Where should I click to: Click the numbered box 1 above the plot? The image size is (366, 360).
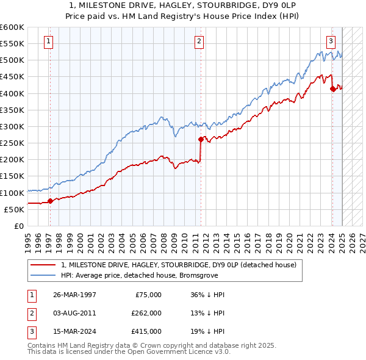(48, 41)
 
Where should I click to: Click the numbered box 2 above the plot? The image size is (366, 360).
(199, 41)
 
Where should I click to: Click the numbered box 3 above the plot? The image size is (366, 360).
(331, 41)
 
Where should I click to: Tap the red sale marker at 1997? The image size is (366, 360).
(50, 201)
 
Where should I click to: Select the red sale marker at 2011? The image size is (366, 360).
(200, 139)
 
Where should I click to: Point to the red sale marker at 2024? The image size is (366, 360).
(332, 88)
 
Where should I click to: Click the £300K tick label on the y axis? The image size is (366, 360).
(12, 126)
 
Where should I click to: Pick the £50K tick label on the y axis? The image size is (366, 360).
(15, 209)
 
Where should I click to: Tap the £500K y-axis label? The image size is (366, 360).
(12, 60)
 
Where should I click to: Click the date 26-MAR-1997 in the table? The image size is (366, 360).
(74, 294)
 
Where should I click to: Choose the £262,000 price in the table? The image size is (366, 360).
(146, 313)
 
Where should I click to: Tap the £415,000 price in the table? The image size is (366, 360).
(146, 332)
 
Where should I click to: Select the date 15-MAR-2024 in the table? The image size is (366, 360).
(74, 332)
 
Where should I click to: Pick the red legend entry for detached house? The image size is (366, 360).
(179, 265)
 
